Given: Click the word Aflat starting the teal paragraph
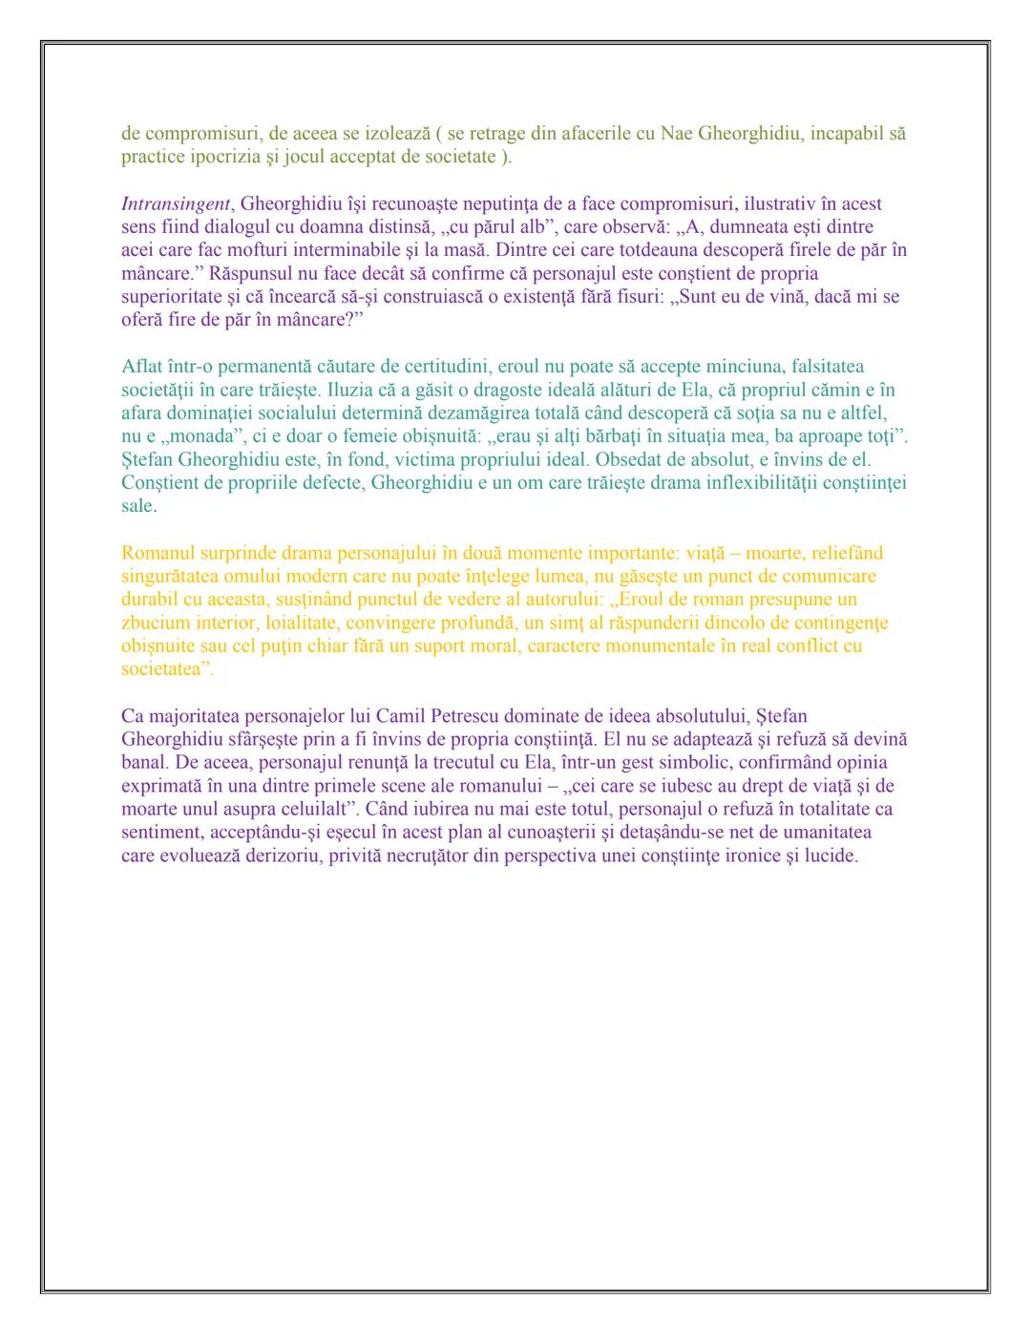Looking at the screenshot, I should pyautogui.click(x=142, y=367).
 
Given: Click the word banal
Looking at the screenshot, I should pyautogui.click(x=143, y=762).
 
